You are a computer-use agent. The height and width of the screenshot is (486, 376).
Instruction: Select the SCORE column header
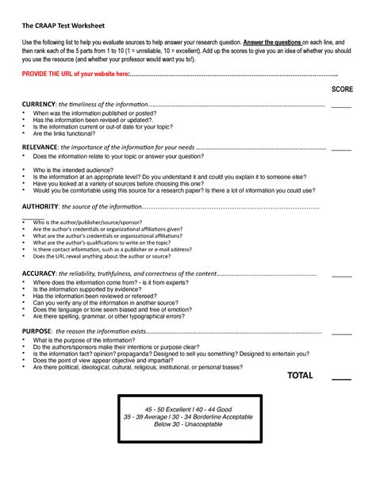342,90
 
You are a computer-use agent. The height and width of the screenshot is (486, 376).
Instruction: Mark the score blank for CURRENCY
341,106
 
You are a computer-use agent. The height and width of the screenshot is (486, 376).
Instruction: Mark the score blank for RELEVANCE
341,148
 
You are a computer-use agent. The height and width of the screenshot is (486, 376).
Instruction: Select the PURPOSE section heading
38,331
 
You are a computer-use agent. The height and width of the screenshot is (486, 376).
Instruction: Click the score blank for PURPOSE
341,331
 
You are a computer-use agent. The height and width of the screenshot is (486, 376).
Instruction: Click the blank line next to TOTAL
341,378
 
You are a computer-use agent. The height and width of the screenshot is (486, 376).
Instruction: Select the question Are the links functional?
71,135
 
